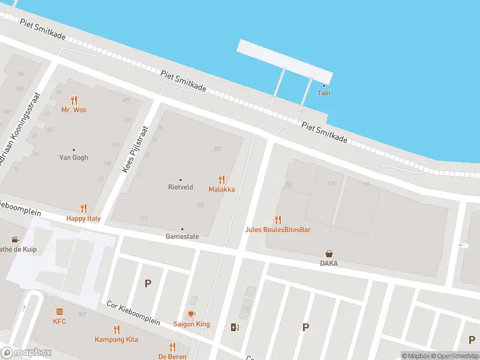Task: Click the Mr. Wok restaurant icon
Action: click(74, 100)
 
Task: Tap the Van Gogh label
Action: click(74, 158)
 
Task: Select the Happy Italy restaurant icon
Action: click(83, 209)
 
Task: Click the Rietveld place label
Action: click(180, 187)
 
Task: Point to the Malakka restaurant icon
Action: click(221, 179)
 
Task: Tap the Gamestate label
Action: click(182, 236)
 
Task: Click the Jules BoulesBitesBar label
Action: click(277, 230)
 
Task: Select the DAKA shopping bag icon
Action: click(329, 254)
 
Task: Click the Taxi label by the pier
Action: click(323, 93)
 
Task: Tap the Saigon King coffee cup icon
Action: click(191, 314)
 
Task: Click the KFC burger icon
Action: click(59, 311)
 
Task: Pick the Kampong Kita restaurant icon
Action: click(116, 329)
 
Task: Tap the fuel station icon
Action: click(235, 327)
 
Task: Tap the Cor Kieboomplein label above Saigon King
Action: click(133, 313)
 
